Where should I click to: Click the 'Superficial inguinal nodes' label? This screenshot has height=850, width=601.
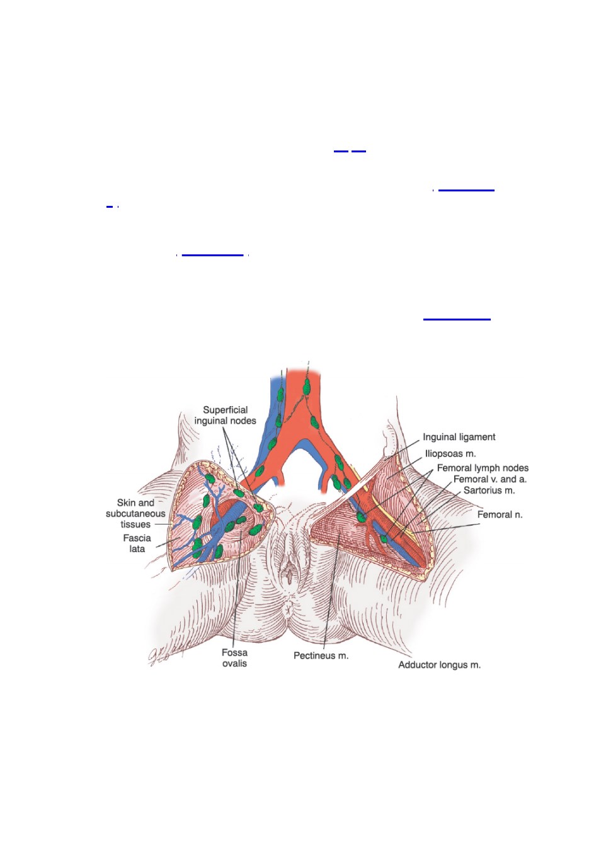(x=225, y=415)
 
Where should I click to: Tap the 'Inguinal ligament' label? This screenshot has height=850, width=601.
(x=459, y=437)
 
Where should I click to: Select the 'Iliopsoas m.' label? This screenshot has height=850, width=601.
(x=450, y=453)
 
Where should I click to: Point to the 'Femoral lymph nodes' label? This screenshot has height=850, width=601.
(x=483, y=468)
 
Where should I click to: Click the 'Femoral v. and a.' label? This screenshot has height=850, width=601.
(x=489, y=479)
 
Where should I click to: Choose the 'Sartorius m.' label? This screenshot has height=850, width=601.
(x=489, y=490)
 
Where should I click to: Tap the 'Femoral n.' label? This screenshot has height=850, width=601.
(x=500, y=514)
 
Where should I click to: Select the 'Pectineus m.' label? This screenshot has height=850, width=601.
(x=321, y=655)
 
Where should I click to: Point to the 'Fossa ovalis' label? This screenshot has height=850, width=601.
(x=234, y=657)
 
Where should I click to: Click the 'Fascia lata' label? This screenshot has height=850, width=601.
(x=137, y=543)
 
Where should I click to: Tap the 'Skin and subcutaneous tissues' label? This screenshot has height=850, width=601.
(x=135, y=513)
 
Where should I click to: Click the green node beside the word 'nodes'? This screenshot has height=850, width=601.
(x=259, y=507)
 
